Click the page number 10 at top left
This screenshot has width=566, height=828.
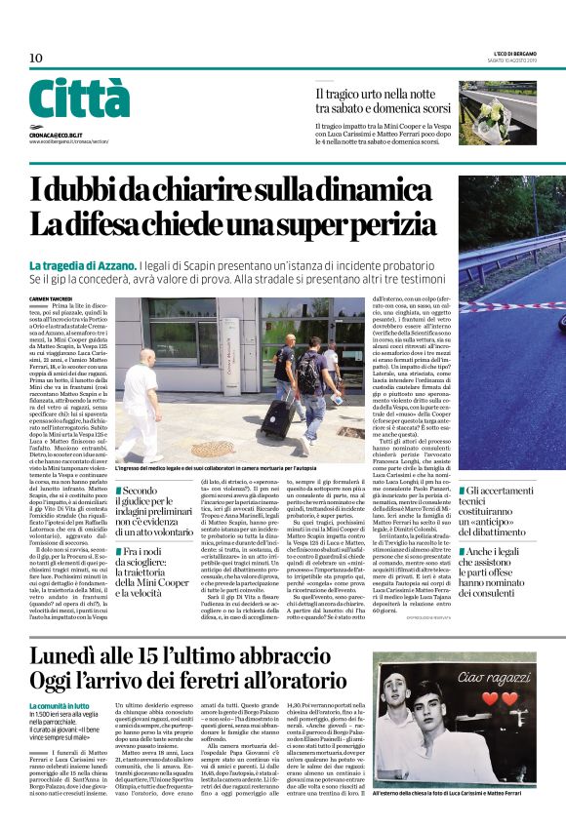36,58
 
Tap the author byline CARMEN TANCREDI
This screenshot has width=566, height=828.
55,298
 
